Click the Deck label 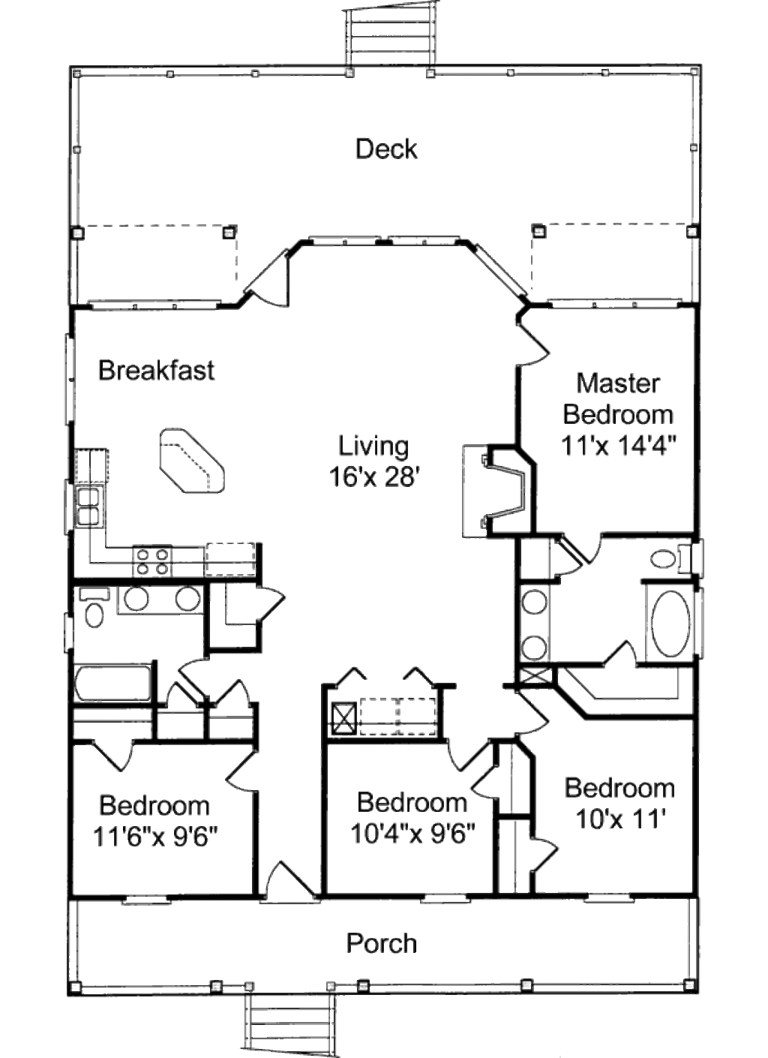coord(386,149)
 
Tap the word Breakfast coord(156,370)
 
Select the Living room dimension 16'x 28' coord(373,476)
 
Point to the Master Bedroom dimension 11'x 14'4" coord(619,445)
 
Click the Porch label coord(381,943)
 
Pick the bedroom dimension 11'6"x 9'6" coord(155,836)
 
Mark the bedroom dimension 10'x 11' coord(619,819)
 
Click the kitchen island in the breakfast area coord(191,461)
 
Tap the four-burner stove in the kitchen coord(152,561)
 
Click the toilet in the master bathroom coord(666,558)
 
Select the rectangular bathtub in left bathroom coord(112,683)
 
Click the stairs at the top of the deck coord(389,34)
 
